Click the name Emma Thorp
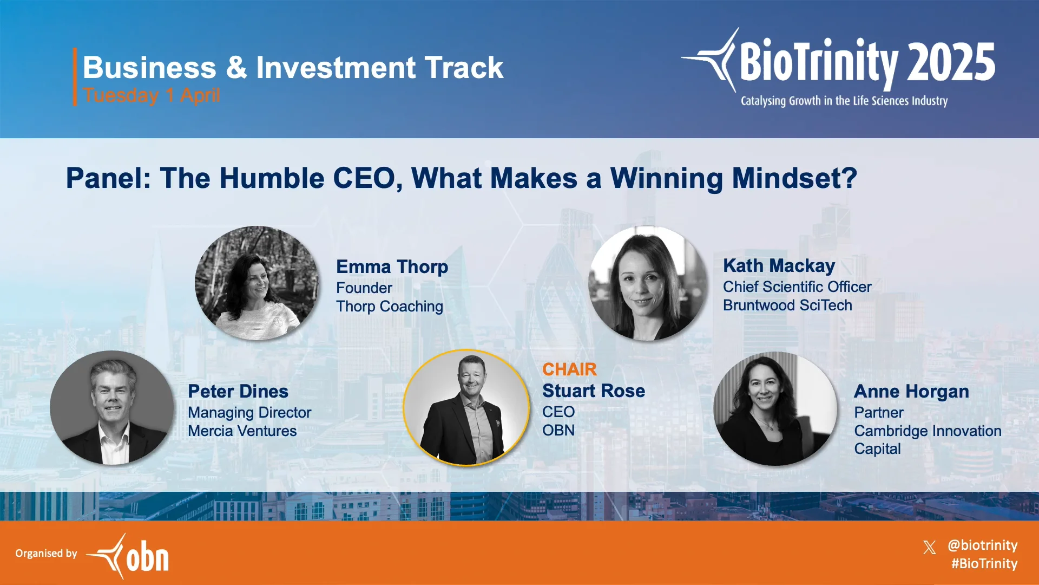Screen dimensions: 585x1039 [x=392, y=267]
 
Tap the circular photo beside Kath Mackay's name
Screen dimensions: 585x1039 [x=648, y=283]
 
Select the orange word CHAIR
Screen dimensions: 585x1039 [x=569, y=369]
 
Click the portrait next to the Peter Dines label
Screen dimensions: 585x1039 [x=112, y=408]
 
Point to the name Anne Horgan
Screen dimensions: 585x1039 [x=911, y=392]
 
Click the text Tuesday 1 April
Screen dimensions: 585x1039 [x=152, y=95]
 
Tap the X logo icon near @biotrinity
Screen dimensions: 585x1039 [x=929, y=547]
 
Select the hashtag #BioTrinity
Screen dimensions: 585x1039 [x=984, y=564]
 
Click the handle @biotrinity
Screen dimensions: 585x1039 [x=982, y=545]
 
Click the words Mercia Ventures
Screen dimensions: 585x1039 [x=242, y=431]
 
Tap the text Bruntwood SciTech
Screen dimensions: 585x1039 [x=787, y=305]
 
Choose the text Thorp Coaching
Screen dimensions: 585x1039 [x=389, y=307]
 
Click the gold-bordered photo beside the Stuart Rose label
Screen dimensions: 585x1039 [x=466, y=408]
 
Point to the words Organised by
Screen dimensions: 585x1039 [x=46, y=553]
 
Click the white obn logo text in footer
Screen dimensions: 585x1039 [x=147, y=556]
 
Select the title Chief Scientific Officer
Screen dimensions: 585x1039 [x=797, y=287]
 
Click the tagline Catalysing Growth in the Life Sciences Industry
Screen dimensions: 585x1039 [x=844, y=101]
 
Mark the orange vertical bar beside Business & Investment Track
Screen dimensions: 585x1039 [x=75, y=76]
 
